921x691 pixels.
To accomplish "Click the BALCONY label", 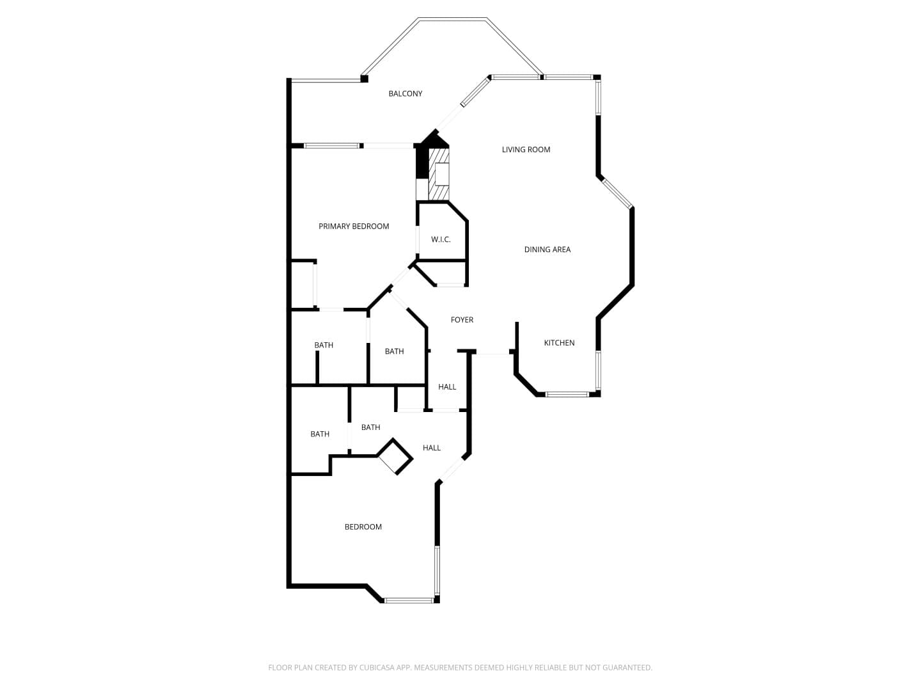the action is pyautogui.click(x=405, y=93).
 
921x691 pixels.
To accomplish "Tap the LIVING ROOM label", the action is pyautogui.click(x=526, y=149).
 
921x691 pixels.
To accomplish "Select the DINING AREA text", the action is pyautogui.click(x=547, y=250).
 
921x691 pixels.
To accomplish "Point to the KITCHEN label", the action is pyautogui.click(x=559, y=343).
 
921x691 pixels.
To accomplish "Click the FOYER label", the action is pyautogui.click(x=462, y=320).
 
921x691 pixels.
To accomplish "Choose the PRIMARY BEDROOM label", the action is pyautogui.click(x=354, y=226).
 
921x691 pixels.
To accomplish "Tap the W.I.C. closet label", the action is pyautogui.click(x=441, y=239).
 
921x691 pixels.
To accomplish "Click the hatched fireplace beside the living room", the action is pyautogui.click(x=439, y=174).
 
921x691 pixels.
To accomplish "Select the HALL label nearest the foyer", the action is pyautogui.click(x=447, y=387).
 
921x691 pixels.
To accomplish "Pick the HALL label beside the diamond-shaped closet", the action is pyautogui.click(x=431, y=448).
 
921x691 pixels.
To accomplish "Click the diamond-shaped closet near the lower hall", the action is pyautogui.click(x=395, y=456).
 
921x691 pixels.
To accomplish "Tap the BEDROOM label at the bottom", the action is pyautogui.click(x=363, y=527).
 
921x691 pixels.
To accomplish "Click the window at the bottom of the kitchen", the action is pyautogui.click(x=567, y=394).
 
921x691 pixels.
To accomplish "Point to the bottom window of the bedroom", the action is pyautogui.click(x=409, y=600).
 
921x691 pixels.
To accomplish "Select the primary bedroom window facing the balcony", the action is pyautogui.click(x=332, y=146).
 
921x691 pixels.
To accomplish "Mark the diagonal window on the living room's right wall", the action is pyautogui.click(x=617, y=193).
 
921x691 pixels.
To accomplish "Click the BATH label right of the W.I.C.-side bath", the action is pyautogui.click(x=394, y=351).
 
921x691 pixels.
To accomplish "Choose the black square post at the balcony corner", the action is pyautogui.click(x=364, y=79).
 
